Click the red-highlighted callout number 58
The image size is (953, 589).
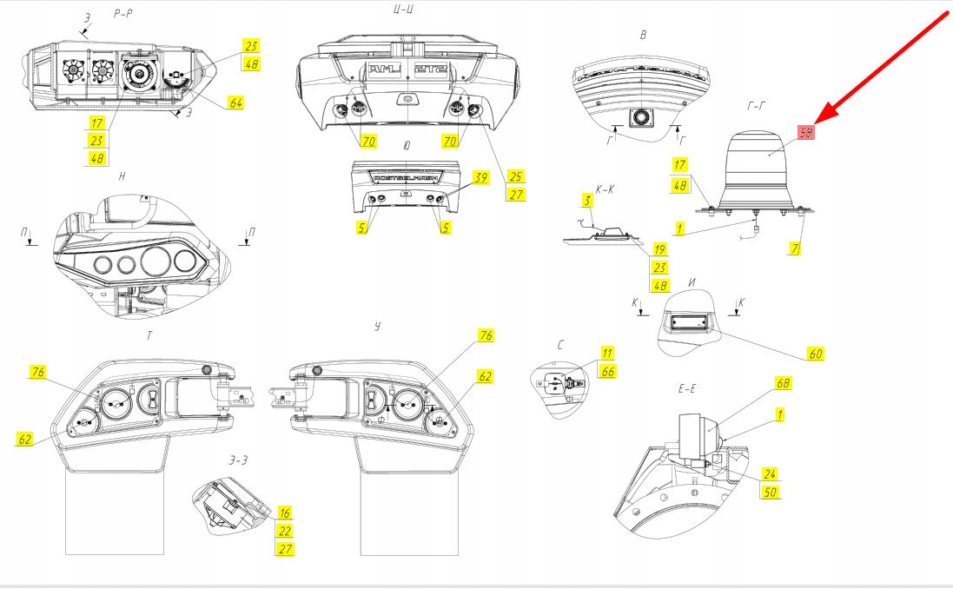(x=805, y=132)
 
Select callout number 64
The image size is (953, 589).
(x=235, y=103)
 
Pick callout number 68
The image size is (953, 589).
(x=784, y=382)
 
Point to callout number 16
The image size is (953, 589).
(x=284, y=513)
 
